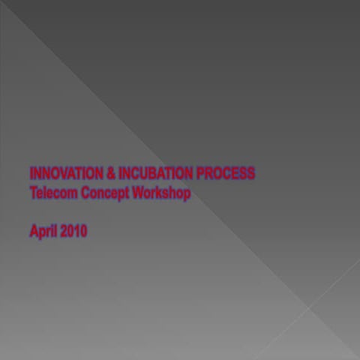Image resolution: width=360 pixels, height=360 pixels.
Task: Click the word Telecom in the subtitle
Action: (x=51, y=193)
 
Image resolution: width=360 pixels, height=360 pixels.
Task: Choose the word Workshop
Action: (x=161, y=193)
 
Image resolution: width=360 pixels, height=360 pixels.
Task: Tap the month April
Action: (x=43, y=232)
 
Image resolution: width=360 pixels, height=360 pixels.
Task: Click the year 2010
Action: (x=74, y=231)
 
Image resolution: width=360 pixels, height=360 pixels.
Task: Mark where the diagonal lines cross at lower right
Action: (x=310, y=307)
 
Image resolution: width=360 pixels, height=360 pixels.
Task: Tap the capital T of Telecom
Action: (x=33, y=193)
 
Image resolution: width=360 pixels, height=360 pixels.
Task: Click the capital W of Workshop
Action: (x=139, y=193)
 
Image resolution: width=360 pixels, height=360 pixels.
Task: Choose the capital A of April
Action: (x=34, y=231)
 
